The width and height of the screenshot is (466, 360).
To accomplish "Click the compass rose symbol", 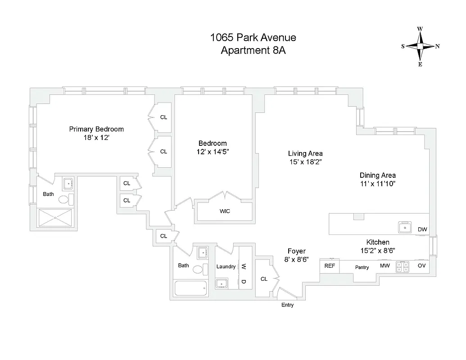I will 420,46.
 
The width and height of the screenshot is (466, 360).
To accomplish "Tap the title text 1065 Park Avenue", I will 253,38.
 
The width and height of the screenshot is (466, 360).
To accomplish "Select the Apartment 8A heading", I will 253,50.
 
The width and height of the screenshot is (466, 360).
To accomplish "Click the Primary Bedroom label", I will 96,129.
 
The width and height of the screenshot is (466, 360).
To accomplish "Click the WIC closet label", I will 225,211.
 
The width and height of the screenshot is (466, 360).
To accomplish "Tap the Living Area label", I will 305,153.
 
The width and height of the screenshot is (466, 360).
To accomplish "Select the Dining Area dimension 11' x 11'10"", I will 377,184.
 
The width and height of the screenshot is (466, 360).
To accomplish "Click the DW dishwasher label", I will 422,229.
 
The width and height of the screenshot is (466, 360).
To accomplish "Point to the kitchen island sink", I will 405,228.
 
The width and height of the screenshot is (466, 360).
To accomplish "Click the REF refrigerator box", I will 330,266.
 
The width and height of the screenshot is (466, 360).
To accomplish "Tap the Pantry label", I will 362,267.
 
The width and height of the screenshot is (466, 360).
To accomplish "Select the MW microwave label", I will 385,266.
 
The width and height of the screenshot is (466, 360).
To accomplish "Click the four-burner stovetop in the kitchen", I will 402,267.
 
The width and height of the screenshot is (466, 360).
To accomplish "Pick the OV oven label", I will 422,266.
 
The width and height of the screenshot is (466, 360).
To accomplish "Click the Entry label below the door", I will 287,305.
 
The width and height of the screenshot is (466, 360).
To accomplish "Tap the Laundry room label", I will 226,266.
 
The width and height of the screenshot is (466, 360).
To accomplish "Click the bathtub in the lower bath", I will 190,288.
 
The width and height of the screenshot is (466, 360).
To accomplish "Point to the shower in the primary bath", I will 56,218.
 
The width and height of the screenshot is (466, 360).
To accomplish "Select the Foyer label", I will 296,251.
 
